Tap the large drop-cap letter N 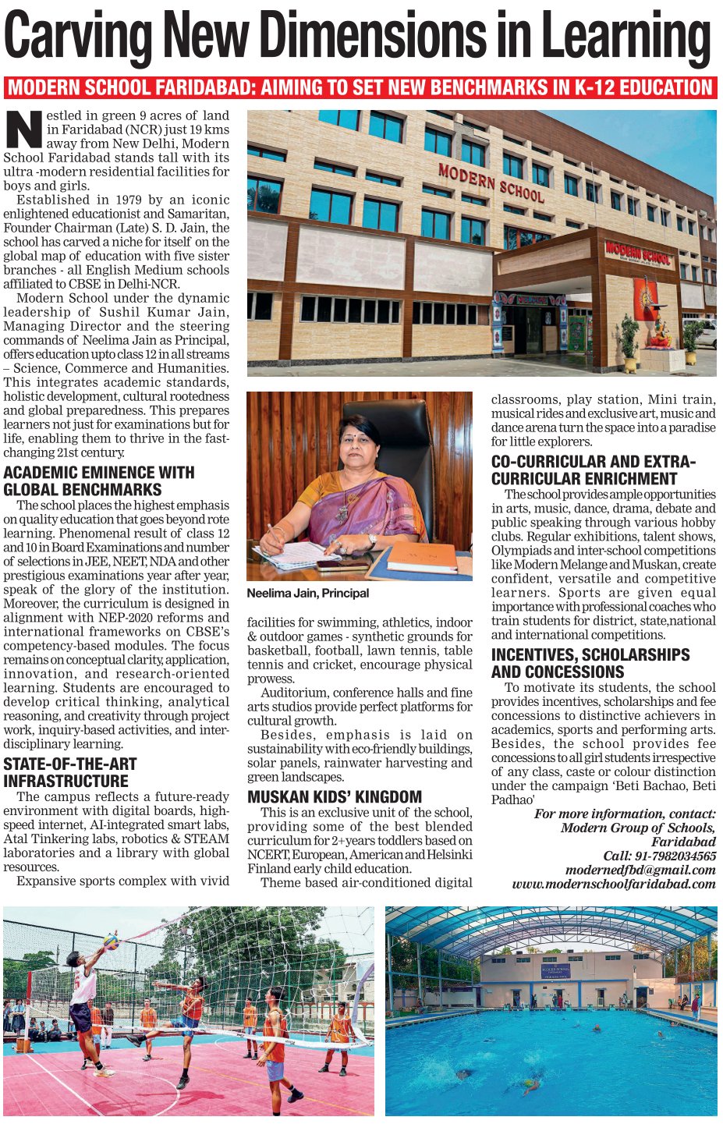[x=24, y=129]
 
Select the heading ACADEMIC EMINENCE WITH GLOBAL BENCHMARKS [x=98, y=481]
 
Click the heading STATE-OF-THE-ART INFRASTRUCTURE [x=69, y=772]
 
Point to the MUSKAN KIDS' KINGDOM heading [x=335, y=796]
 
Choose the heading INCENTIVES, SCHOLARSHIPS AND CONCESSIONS [x=590, y=663]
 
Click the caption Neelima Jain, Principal [x=307, y=593]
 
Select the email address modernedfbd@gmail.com [x=640, y=870]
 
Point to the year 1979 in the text [x=128, y=200]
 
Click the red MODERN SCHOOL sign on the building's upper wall [x=491, y=183]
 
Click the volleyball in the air [x=111, y=941]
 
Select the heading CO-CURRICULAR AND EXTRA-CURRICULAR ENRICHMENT [x=593, y=470]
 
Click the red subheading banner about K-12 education [x=360, y=87]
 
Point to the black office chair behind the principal [x=394, y=437]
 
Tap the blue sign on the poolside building [x=555, y=972]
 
